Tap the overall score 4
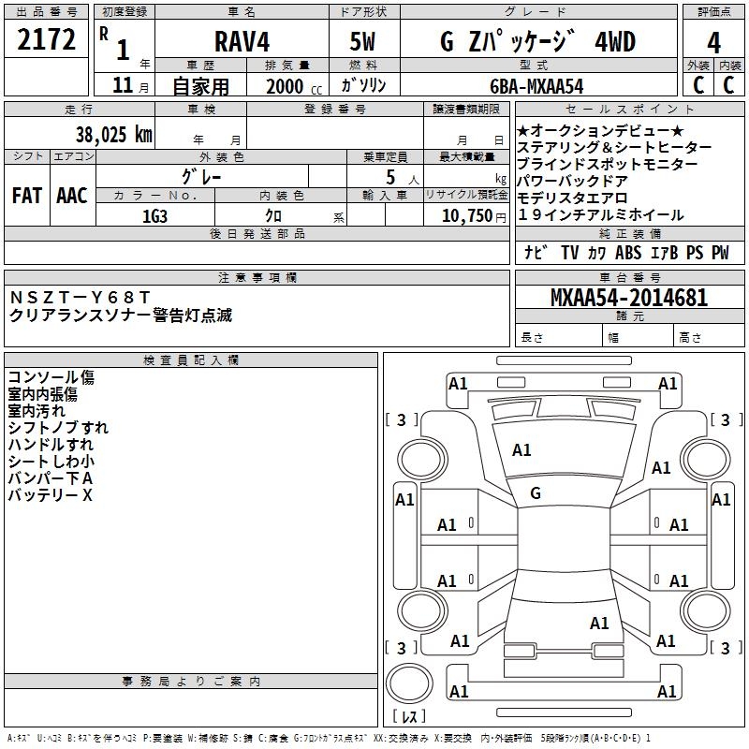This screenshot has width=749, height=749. (713, 43)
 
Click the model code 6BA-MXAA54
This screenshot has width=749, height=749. (536, 85)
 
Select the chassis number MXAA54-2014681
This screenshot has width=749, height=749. (629, 298)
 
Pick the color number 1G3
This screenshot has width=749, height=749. (155, 214)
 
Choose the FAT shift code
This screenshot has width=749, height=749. (27, 195)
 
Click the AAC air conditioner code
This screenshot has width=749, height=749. (71, 195)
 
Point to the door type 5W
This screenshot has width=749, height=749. (364, 42)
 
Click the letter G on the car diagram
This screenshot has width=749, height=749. (536, 492)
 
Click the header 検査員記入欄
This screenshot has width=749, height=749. (191, 360)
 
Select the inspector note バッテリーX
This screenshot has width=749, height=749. (51, 495)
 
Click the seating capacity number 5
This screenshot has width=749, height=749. (388, 176)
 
